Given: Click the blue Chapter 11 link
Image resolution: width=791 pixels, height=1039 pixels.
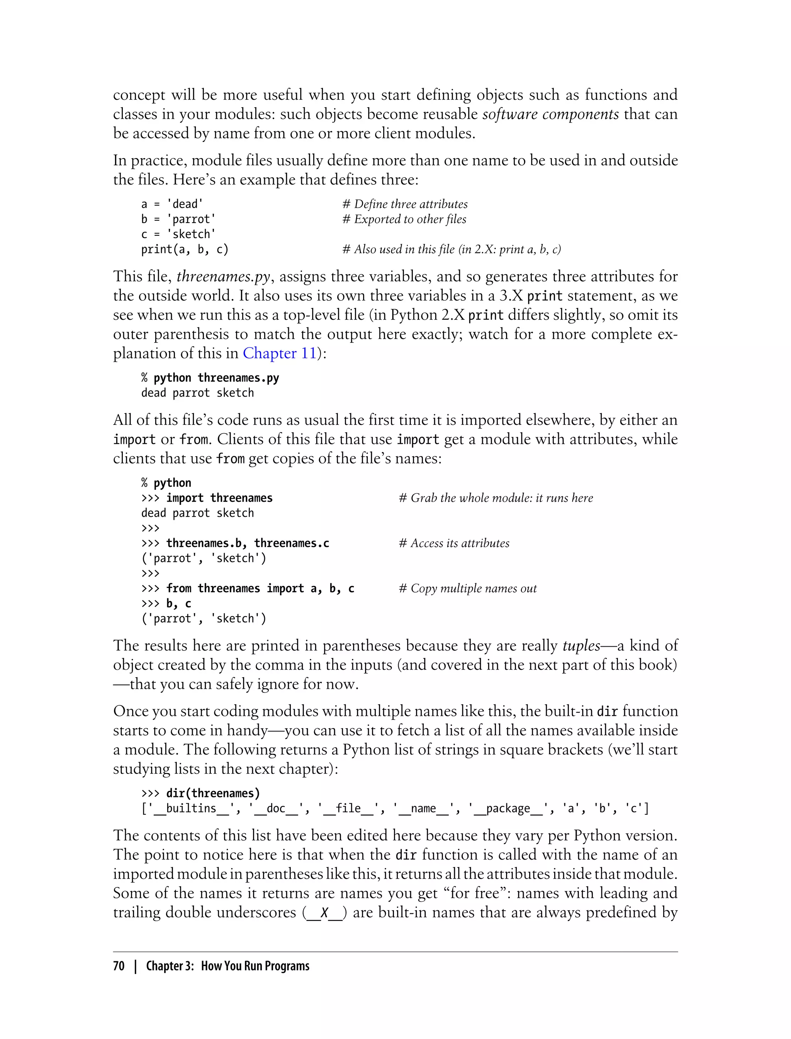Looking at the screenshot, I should point(279,353).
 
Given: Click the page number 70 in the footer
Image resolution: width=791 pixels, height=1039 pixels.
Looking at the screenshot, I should point(119,966).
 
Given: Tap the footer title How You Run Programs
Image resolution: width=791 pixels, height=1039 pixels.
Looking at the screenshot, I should point(255,966).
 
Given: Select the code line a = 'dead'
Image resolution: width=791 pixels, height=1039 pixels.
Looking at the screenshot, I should point(172,204).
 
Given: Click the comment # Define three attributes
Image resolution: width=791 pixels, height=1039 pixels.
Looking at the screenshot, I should point(405,204).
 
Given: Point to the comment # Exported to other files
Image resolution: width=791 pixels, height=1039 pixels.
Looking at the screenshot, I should point(404,219).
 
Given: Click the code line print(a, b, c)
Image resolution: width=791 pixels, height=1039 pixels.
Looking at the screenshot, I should point(185,249).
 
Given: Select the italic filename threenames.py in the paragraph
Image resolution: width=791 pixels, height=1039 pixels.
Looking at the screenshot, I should point(223,277).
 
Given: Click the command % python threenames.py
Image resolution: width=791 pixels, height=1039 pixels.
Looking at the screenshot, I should point(210,378).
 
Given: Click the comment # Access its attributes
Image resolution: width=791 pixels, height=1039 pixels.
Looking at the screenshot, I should point(454,543).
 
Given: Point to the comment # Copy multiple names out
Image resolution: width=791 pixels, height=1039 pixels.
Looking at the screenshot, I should point(468,589).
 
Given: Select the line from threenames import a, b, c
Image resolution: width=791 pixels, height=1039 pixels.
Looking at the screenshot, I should point(248,589).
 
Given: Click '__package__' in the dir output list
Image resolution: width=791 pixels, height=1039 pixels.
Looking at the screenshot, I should point(508,809).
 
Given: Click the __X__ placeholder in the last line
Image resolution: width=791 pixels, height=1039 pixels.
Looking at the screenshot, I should point(324,913).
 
